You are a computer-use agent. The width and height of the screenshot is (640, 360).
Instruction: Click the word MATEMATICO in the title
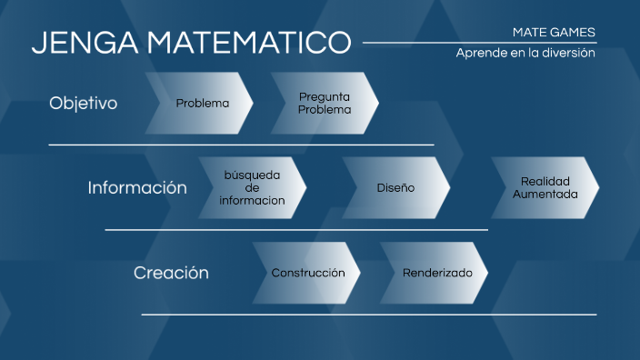coord(248,43)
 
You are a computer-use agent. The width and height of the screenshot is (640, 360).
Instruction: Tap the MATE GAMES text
coord(554,32)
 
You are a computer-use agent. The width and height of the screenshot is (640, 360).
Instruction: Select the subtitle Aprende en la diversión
coord(525,53)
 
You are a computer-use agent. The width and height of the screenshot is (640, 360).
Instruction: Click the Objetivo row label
coord(84,103)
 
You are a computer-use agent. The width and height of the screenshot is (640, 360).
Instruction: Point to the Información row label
coord(137,187)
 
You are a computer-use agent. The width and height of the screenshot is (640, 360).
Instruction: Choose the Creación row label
coord(171,273)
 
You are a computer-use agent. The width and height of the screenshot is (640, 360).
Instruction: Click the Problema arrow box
coord(202,103)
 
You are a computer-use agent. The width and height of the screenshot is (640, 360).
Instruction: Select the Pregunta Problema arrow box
coord(325,103)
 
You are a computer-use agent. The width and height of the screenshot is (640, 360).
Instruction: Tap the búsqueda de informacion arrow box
coord(253,187)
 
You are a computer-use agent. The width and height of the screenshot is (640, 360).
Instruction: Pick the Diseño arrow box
coord(395,187)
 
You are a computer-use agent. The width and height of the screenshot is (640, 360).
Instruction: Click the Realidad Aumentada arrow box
coord(545,187)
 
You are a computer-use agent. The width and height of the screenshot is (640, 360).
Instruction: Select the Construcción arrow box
coord(307,273)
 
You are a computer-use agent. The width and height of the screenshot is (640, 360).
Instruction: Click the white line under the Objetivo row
coord(241,145)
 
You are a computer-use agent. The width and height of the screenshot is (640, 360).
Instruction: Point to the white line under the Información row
coord(296,230)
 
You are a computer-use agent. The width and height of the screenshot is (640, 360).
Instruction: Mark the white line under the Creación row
coord(368,315)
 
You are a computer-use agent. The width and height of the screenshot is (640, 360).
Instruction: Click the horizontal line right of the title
coord(479,42)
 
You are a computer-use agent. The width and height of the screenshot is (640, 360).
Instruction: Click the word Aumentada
coord(545,195)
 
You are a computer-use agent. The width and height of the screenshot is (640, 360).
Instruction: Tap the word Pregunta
coord(325,96)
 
